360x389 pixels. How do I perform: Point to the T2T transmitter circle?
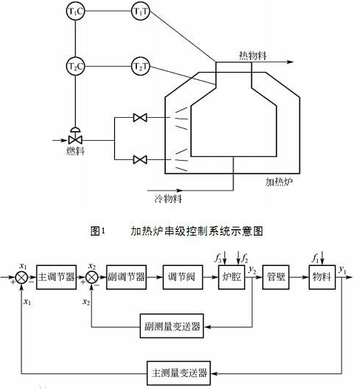coord(141,67)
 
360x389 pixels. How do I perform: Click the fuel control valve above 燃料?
coord(75,136)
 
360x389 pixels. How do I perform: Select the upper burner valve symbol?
coord(139,117)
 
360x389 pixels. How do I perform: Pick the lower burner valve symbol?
coord(139,159)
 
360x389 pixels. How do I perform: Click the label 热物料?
coord(253,56)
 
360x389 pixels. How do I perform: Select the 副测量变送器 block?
coord(173,326)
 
